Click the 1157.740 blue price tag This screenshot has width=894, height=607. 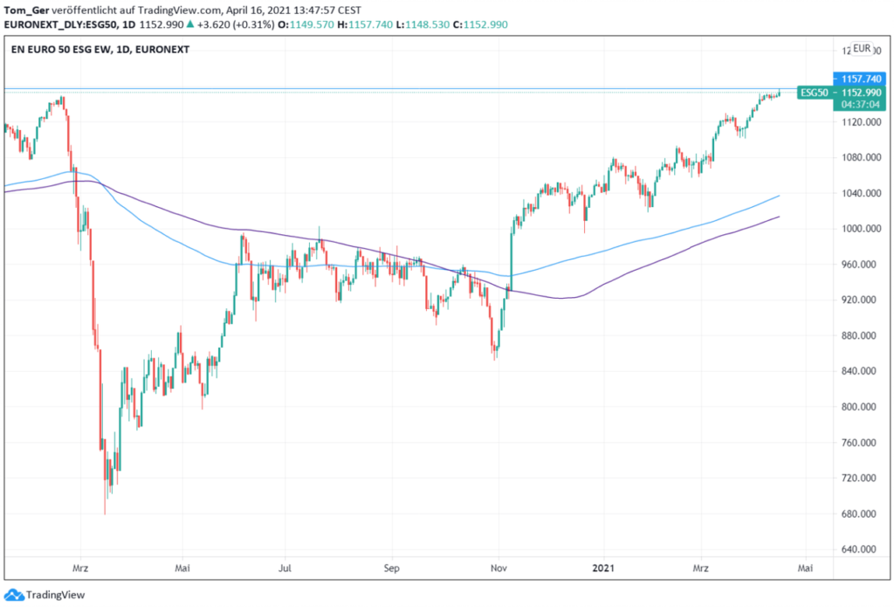[x=859, y=79]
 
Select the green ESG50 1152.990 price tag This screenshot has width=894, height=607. [x=844, y=92]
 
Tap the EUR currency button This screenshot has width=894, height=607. [x=862, y=48]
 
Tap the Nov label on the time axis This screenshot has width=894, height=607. [x=499, y=568]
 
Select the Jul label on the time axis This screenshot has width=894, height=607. [x=285, y=568]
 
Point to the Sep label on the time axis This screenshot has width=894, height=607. [x=391, y=568]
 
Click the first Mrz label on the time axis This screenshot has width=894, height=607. [x=80, y=568]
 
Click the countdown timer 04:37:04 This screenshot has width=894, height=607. [x=859, y=104]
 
